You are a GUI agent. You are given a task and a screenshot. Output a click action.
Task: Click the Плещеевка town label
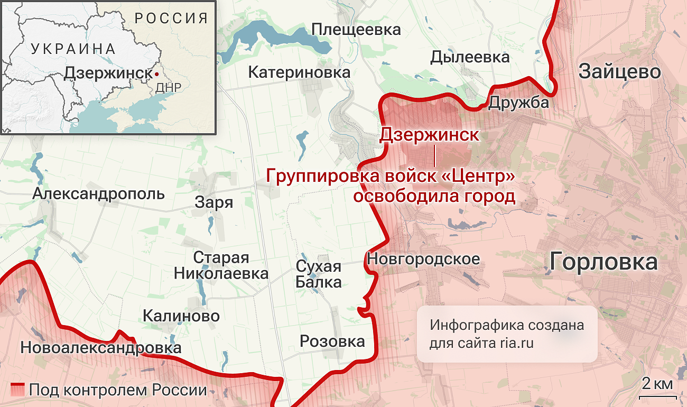(x=356, y=30)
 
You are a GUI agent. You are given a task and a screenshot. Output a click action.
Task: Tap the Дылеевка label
(x=470, y=57)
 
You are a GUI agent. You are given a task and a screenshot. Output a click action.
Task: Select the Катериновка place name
(x=299, y=72)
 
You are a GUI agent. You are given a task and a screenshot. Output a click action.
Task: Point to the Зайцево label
(x=620, y=71)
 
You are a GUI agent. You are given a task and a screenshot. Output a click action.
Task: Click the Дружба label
(x=518, y=103)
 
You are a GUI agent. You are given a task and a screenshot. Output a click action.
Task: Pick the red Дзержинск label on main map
(x=429, y=135)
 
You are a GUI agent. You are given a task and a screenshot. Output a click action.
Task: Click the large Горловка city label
(x=604, y=261)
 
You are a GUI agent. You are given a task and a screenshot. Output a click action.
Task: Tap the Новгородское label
(x=423, y=259)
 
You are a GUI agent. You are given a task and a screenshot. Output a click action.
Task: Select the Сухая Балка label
(x=318, y=274)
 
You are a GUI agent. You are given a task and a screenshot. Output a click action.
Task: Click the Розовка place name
(x=332, y=341)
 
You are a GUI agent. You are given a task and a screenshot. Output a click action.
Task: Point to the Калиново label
(x=181, y=316)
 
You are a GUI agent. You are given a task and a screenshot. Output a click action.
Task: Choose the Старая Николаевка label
(x=221, y=266)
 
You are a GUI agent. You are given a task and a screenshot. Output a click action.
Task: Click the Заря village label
(x=214, y=202)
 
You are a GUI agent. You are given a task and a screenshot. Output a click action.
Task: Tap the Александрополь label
(x=99, y=194)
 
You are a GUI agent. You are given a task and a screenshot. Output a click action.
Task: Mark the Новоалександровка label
(x=100, y=348)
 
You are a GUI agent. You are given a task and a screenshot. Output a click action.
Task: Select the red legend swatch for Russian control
(x=18, y=390)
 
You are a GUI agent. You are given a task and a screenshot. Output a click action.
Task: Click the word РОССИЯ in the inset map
(x=171, y=18)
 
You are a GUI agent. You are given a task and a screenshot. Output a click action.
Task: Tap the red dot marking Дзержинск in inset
(x=156, y=73)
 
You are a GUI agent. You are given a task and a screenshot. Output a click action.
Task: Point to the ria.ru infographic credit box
(x=507, y=334)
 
